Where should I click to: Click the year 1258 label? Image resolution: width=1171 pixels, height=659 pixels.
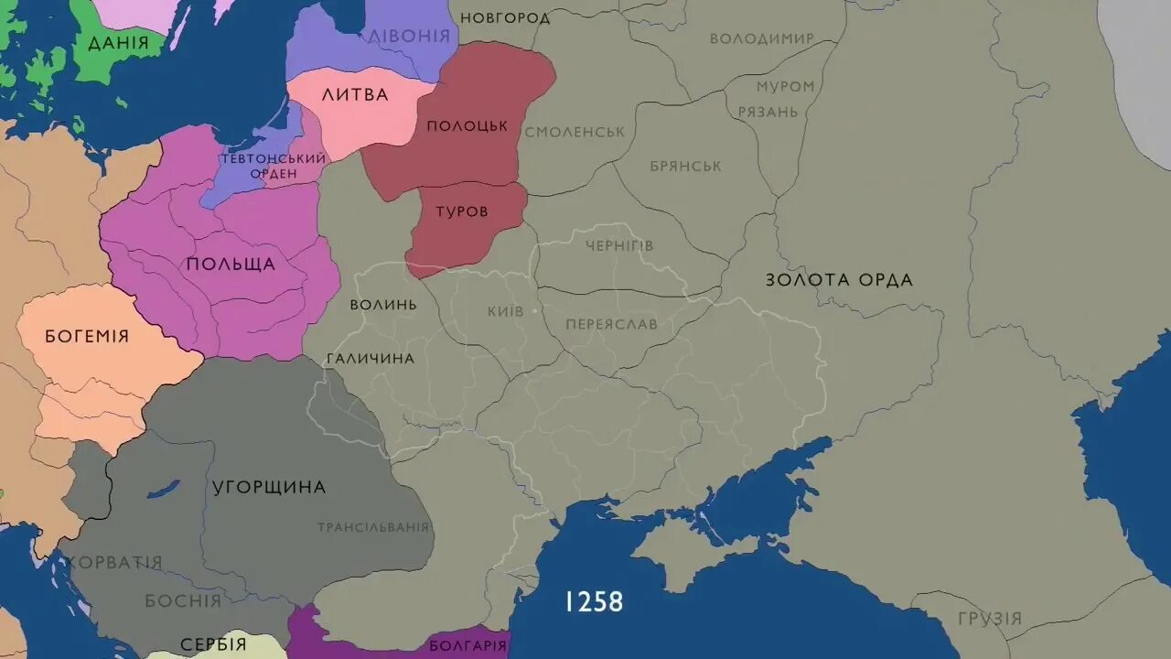594,601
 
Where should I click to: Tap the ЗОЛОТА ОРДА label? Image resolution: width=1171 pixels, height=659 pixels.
839,280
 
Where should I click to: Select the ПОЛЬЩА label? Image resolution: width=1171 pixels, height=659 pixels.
231,265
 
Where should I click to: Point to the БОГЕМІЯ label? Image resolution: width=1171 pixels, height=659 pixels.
87,336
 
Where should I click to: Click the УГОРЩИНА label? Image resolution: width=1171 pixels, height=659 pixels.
269,487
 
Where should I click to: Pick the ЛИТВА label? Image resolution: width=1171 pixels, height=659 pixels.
355,94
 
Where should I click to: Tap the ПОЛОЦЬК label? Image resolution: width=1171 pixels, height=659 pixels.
467,126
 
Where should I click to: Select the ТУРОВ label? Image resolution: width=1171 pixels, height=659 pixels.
461,211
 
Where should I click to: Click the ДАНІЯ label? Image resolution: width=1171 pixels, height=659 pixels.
117,43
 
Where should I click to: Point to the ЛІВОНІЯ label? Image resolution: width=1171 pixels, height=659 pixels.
409,36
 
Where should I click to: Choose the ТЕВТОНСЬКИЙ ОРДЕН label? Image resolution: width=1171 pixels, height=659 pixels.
273,166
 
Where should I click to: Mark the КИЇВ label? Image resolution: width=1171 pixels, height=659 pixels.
506,311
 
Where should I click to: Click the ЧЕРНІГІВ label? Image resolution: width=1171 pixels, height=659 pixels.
619,245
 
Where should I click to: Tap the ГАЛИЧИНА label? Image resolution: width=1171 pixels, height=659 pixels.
370,358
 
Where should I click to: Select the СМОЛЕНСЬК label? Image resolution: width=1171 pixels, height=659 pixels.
575,132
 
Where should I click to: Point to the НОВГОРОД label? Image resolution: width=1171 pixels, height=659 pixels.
505,18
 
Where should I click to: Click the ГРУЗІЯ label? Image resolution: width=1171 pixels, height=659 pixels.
990,619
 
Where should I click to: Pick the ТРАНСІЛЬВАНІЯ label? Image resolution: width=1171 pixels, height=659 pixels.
373,527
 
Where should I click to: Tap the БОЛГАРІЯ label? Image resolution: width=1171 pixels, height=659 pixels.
467,645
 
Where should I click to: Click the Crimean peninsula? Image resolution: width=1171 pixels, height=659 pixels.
695,549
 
